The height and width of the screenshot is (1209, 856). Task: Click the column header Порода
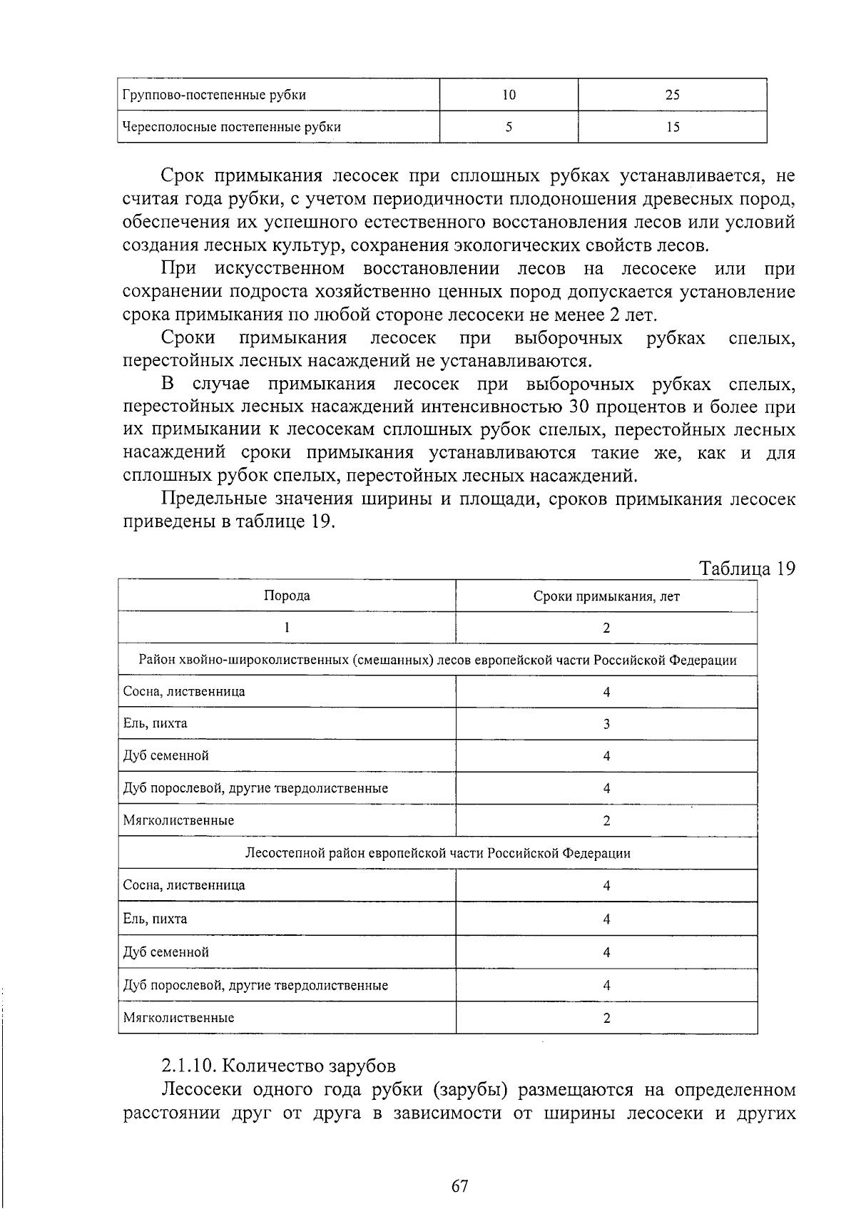pos(287,596)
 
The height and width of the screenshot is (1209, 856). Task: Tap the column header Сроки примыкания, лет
pos(606,596)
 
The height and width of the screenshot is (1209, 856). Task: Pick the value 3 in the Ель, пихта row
pos(606,724)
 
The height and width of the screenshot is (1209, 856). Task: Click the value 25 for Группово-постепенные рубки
pos(672,95)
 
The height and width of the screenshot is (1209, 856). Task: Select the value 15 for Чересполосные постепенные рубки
pos(672,127)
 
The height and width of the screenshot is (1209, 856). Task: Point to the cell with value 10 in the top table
pos(509,95)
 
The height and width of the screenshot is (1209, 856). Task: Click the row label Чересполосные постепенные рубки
pos(232,127)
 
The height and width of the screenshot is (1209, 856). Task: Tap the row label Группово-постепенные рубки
pos(215,95)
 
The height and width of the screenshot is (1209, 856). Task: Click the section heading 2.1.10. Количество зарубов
pos(278,1066)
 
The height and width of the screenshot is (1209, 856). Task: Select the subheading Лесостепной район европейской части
pos(437,853)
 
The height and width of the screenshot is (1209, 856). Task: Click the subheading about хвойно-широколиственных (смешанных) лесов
pos(437,660)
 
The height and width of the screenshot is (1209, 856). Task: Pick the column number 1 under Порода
pos(287,628)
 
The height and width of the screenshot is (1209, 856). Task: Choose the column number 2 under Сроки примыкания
pos(606,628)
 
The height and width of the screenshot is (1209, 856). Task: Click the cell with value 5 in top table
pos(509,127)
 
